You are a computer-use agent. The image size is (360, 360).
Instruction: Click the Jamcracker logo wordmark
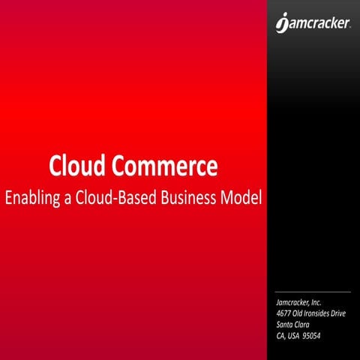[x=318, y=25]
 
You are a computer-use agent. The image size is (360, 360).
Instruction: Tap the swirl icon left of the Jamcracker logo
[x=281, y=25]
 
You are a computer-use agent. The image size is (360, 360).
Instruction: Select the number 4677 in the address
[x=284, y=311]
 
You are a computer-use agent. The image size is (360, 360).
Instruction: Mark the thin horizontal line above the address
[x=313, y=291]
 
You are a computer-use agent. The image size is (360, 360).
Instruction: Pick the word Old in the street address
[x=299, y=311]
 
